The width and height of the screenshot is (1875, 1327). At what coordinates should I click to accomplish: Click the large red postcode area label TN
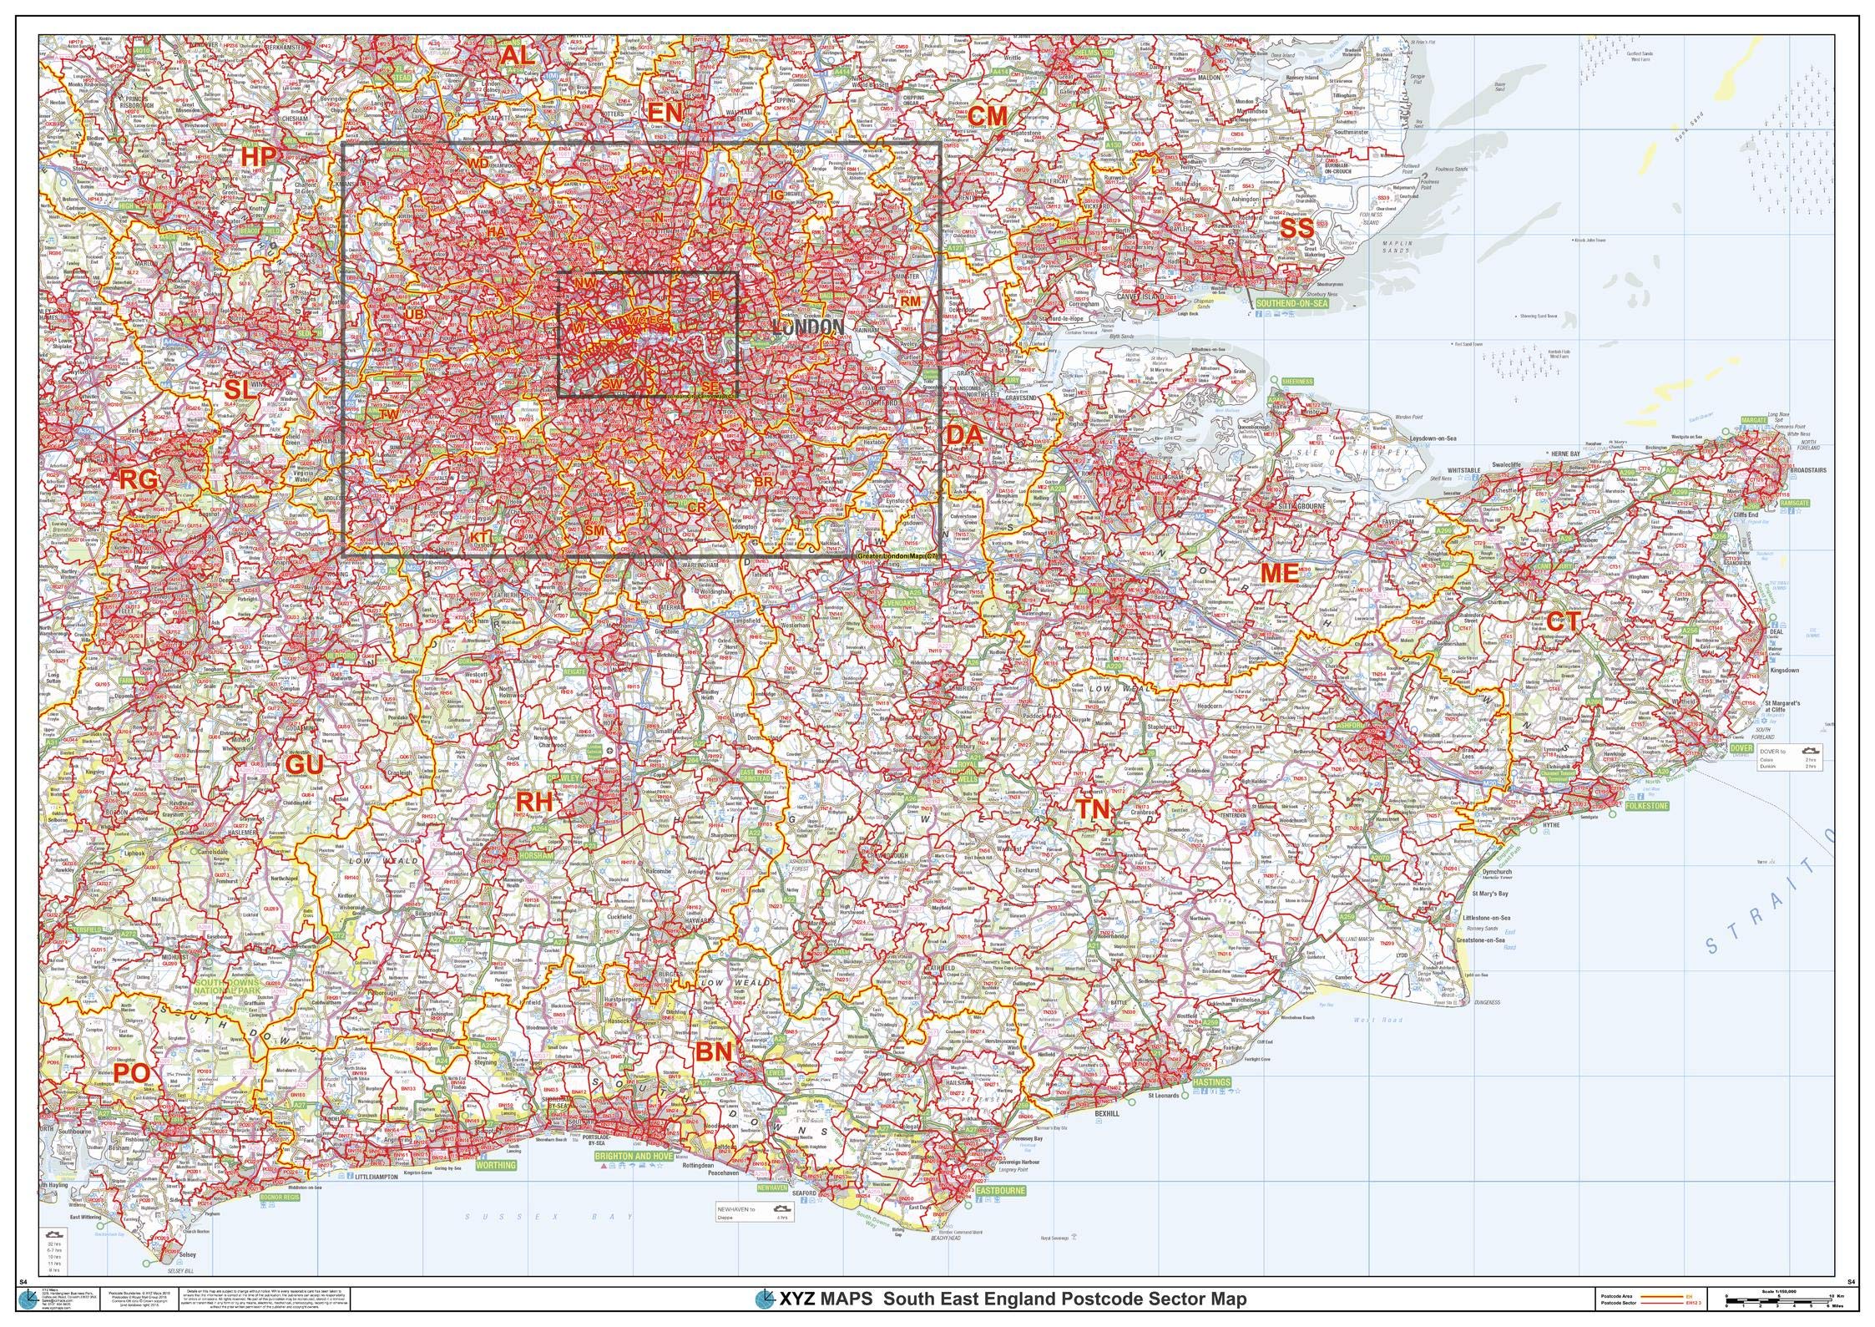click(1093, 809)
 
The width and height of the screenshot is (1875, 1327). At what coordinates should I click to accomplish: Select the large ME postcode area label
click(1280, 573)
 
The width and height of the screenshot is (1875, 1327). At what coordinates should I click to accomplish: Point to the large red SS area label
click(1297, 228)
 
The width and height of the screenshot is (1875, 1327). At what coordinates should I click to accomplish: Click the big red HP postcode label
click(258, 156)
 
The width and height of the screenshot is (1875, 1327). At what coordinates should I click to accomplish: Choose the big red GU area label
click(304, 763)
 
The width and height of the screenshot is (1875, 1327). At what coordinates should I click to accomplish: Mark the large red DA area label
click(964, 434)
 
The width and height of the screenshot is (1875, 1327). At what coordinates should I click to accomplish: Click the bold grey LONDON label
click(809, 327)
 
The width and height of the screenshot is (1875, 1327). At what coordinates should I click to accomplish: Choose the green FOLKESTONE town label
click(1647, 807)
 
